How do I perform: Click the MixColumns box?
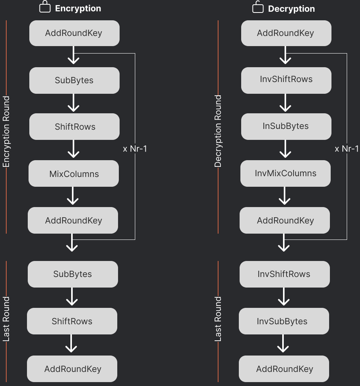73,173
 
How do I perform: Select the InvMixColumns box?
285,173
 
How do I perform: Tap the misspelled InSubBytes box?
286,126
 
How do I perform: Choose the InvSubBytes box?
284,321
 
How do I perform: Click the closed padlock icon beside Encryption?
45,7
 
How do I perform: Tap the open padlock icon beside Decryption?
258,7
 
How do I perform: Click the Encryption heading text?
78,9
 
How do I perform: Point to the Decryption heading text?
291,9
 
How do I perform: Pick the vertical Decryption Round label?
218,131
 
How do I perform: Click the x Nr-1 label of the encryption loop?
135,149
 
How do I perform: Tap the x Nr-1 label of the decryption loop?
346,149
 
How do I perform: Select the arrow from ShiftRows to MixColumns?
73,149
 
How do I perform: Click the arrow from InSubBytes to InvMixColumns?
286,149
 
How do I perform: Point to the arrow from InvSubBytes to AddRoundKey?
283,344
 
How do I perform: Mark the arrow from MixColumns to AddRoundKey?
73,196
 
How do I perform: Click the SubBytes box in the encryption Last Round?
73,274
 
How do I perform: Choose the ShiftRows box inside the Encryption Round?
74,127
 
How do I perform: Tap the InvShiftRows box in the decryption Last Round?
284,274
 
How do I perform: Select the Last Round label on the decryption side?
218,319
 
